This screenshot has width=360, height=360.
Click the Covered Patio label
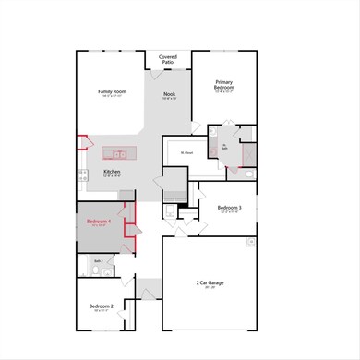(169, 58)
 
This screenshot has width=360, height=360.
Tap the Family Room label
(112, 90)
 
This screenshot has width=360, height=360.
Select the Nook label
(169, 94)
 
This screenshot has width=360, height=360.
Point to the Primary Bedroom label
(224, 84)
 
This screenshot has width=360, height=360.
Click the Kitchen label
(113, 172)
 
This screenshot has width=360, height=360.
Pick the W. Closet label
(186, 153)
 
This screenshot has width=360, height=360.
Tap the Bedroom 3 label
(229, 209)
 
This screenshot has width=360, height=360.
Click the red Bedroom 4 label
(99, 222)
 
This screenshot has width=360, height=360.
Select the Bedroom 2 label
(101, 306)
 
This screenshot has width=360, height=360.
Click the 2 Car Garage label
(210, 283)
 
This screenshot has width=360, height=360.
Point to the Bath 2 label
(97, 261)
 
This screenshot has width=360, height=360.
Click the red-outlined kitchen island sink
(120, 152)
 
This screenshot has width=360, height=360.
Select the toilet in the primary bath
(250, 173)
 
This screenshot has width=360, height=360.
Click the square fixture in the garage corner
(250, 242)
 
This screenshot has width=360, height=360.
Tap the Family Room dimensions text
(112, 96)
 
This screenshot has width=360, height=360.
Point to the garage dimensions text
(210, 289)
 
